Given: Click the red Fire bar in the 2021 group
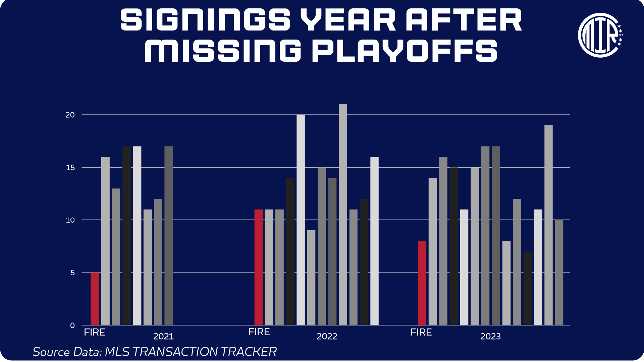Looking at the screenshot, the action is click(x=95, y=299).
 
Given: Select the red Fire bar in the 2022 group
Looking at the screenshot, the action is click(x=259, y=267).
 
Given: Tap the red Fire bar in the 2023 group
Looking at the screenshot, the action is click(x=422, y=283).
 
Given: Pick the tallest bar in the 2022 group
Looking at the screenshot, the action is click(x=343, y=215).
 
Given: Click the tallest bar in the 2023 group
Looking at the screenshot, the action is click(x=548, y=225).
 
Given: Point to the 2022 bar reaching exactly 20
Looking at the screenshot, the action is click(x=301, y=220).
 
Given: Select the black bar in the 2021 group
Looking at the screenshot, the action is click(x=126, y=236).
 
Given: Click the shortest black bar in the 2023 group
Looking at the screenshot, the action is click(x=528, y=288).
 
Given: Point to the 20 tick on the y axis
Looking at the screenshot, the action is click(x=70, y=115).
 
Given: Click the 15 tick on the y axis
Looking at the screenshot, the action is click(x=70, y=168).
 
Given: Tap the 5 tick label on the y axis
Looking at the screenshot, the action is click(x=72, y=273).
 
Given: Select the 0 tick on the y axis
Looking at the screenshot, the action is click(x=72, y=325).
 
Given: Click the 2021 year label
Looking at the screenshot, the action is click(x=163, y=336).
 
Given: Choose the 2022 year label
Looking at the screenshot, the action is click(x=327, y=336).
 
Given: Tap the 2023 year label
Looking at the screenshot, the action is click(x=490, y=336).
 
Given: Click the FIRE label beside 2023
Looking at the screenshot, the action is click(x=421, y=332).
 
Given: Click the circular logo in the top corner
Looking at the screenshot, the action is click(x=600, y=35).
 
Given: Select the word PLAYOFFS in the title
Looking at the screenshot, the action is click(x=405, y=51).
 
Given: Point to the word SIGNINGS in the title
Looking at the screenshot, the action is click(x=205, y=20).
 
